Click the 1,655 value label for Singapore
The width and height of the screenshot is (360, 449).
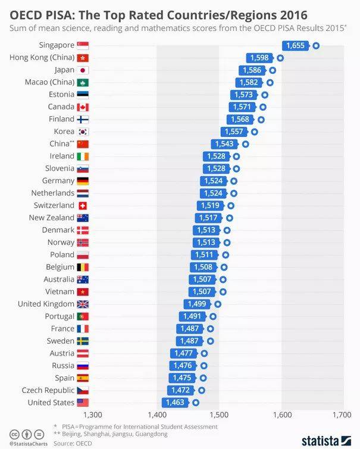tap(295, 45)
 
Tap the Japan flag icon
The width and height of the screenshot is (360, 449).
tap(83, 70)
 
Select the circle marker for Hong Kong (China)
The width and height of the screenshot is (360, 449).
tap(280, 58)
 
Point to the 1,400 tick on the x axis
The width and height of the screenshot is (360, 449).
tap(156, 415)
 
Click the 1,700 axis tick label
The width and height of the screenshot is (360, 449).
tap(342, 415)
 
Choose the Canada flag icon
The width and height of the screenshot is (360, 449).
tap(83, 107)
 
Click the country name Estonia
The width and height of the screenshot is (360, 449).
tap(61, 95)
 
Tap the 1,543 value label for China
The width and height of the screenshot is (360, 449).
tap(221, 144)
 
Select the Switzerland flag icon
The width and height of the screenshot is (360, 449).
tap(83, 205)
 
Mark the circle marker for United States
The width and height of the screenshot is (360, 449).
tap(196, 403)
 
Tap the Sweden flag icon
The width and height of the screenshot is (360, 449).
tap(83, 341)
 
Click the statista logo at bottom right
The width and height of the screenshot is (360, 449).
tap(327, 441)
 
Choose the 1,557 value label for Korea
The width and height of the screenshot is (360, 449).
tap(231, 132)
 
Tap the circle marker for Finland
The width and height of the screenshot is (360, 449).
tap(261, 119)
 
